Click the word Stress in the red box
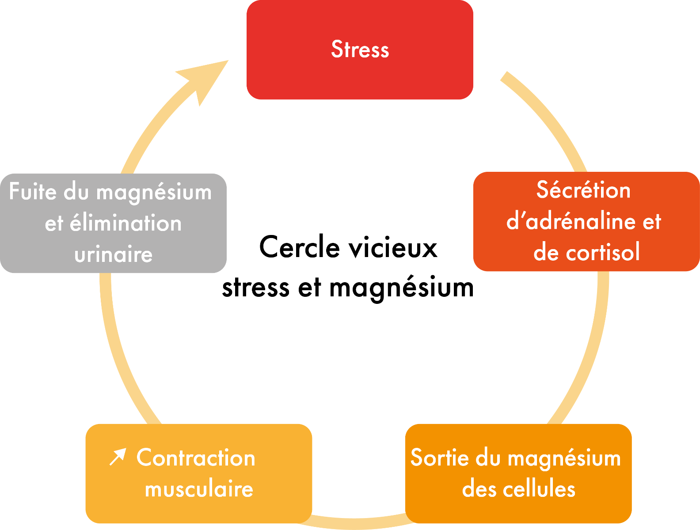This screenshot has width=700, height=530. tap(360, 49)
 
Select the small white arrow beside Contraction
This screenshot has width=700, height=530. tap(118, 457)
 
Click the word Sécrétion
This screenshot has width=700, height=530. tap(583, 190)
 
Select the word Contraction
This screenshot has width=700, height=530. tap(196, 458)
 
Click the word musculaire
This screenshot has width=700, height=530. tap(199, 489)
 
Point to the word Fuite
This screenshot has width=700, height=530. tap(33, 192)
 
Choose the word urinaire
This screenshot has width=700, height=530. tap(114, 254)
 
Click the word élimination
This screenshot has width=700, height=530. tap(126, 223)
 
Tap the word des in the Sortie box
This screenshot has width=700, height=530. tap(475, 489)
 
